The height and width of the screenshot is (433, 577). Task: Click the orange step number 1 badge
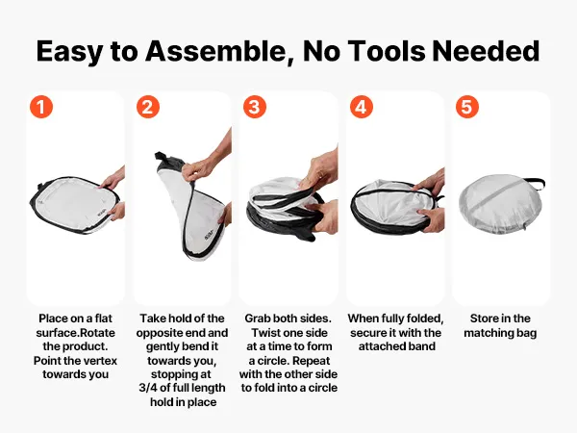tap(41, 107)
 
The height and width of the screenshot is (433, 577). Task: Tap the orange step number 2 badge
tap(148, 107)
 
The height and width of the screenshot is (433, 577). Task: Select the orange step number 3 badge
tap(255, 107)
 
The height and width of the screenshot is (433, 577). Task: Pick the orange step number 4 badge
tap(362, 107)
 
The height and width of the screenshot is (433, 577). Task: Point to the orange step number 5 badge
tap(467, 107)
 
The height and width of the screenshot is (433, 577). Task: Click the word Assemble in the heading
tap(217, 51)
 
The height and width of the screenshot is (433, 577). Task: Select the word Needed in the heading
tap(486, 50)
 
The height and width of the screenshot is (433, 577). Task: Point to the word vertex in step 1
tap(100, 361)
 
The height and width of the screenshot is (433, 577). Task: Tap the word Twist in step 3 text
tap(263, 333)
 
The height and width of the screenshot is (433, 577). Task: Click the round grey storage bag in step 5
tap(500, 204)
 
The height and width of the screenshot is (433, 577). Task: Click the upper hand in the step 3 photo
tap(319, 170)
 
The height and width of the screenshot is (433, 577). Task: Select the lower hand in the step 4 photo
tap(432, 219)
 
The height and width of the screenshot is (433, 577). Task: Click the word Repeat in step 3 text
tap(312, 361)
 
